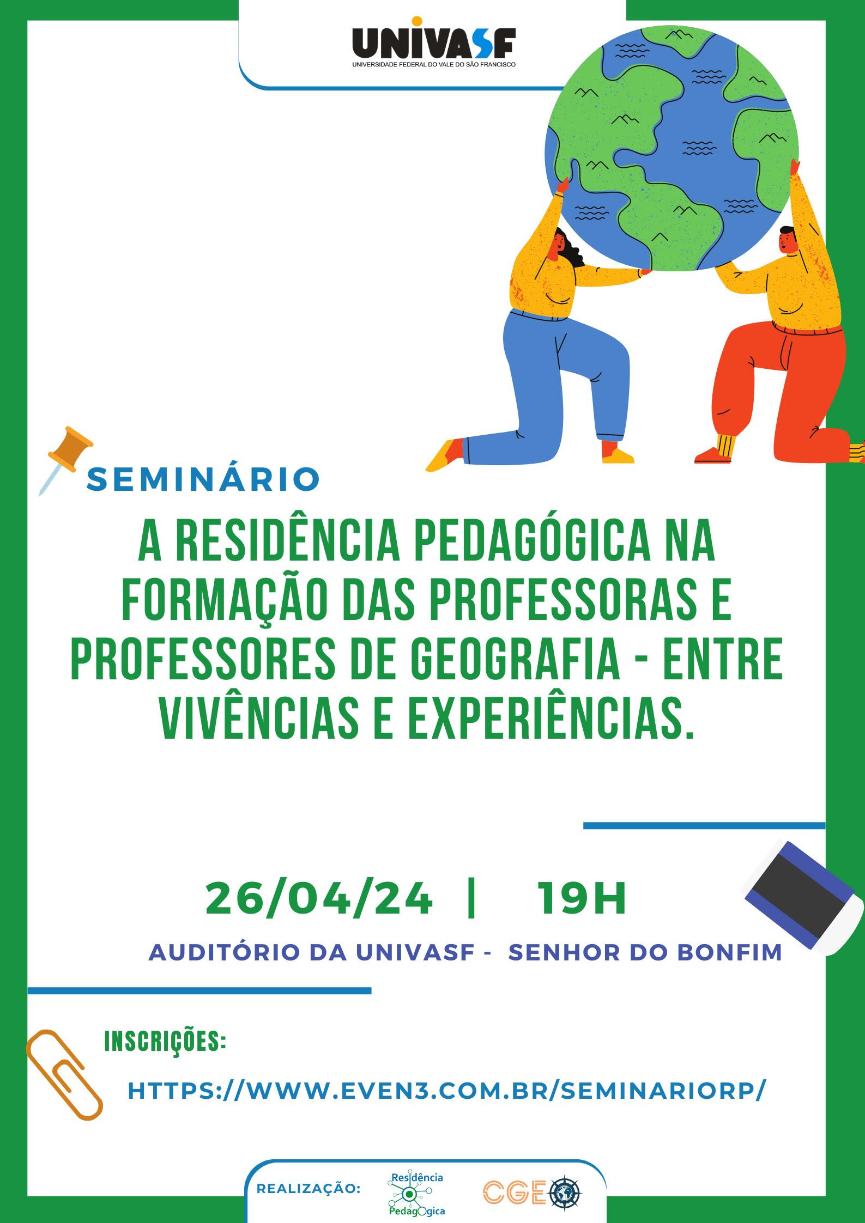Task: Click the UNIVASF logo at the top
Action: point(433,42)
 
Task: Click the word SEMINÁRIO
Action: point(203,479)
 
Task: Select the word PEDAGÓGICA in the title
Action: point(533,541)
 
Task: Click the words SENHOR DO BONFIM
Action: point(645,952)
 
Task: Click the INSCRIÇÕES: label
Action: point(165,1042)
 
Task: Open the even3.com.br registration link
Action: point(447,1090)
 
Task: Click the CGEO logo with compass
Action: point(532,1192)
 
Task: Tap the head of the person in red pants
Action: point(788,240)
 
